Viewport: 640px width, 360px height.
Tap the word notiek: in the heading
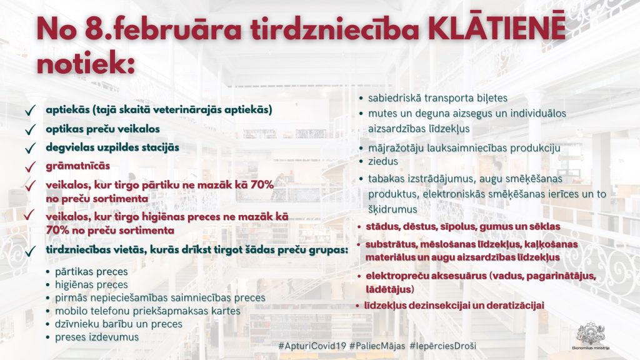click(x=86, y=64)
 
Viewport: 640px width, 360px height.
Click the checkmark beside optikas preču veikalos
click(x=31, y=130)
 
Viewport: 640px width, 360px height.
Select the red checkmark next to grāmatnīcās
click(x=31, y=167)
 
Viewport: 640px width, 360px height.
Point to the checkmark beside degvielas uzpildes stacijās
click(x=31, y=148)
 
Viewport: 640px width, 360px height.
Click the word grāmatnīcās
click(x=77, y=166)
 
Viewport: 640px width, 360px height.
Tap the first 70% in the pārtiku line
click(x=262, y=185)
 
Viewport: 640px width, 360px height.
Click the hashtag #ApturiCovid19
click(x=312, y=346)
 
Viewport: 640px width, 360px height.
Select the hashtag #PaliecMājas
click(x=377, y=346)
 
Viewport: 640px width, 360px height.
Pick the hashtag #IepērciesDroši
click(x=443, y=346)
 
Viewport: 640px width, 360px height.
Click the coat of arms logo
click(x=591, y=334)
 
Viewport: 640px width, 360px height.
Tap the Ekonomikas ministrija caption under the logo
click(x=591, y=348)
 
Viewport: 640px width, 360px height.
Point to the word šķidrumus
click(x=392, y=209)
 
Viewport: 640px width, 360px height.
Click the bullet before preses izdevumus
click(x=47, y=337)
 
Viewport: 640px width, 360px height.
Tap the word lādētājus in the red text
click(x=389, y=289)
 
